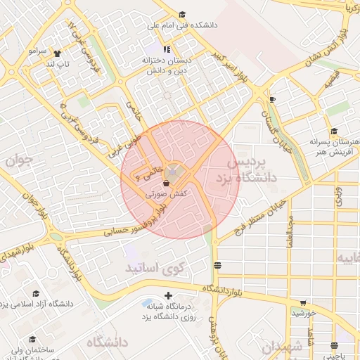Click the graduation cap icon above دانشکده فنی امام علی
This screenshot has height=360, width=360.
click(x=182, y=14)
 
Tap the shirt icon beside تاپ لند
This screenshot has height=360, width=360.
click(x=57, y=53)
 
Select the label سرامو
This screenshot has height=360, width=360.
click(x=37, y=51)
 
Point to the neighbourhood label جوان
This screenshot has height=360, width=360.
click(x=20, y=161)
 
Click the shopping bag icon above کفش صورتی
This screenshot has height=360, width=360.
click(x=165, y=182)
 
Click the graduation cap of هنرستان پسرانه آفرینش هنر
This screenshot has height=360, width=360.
click(x=335, y=131)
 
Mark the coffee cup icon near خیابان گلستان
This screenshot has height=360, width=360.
click(x=272, y=99)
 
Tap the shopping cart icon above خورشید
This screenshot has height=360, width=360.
click(x=302, y=302)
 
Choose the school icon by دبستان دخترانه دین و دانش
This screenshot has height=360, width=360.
click(x=167, y=49)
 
